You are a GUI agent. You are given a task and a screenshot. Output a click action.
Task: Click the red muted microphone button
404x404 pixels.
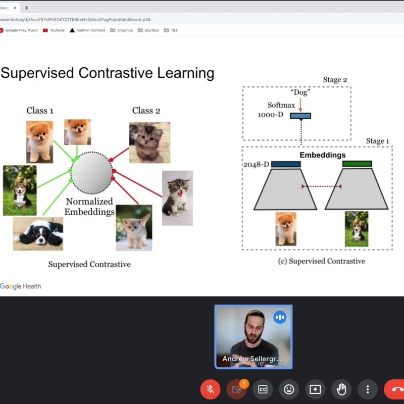[x=210, y=389]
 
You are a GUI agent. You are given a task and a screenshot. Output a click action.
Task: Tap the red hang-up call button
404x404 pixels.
[x=394, y=389]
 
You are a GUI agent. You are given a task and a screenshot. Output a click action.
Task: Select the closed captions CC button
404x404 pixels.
[x=263, y=389]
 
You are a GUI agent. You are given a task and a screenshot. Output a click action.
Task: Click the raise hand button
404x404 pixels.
[x=341, y=389]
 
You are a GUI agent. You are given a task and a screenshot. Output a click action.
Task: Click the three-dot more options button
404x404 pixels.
[x=368, y=389]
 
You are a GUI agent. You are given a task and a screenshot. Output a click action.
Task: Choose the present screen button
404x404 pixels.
[x=315, y=389]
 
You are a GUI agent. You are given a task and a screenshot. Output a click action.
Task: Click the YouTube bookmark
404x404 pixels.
[x=54, y=30]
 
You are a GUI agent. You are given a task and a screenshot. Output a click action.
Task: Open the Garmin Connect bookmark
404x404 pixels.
[x=87, y=30]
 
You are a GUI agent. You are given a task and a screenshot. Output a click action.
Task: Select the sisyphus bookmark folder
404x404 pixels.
[x=121, y=30]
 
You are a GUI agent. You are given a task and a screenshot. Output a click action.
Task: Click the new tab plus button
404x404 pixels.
[x=27, y=8]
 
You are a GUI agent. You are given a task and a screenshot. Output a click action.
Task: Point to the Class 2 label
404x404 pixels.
[x=146, y=111]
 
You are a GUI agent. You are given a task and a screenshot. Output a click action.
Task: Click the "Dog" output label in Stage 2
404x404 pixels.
[x=300, y=92]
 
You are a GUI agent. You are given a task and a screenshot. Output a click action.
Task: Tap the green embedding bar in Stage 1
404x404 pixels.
[x=357, y=164]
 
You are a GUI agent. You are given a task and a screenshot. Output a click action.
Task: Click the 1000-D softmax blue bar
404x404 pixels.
[x=300, y=116]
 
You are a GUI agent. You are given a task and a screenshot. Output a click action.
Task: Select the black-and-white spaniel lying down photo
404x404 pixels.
[x=38, y=234]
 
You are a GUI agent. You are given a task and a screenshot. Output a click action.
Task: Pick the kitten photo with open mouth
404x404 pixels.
[x=177, y=198]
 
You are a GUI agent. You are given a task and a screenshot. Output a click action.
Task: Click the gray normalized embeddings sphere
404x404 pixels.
[x=92, y=173]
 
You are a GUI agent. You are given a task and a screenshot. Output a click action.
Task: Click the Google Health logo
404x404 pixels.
[x=21, y=286]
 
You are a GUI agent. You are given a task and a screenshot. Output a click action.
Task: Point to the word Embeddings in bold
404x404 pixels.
[x=323, y=155]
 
